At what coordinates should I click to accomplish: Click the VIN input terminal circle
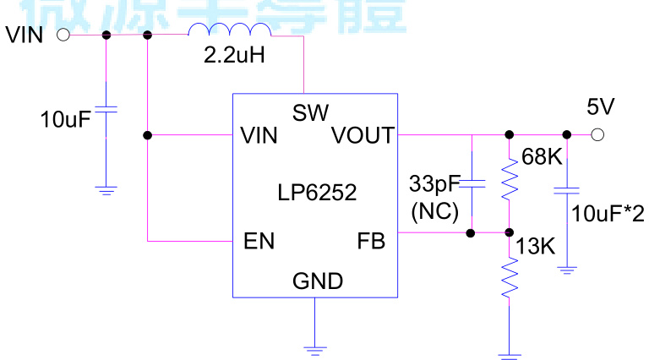pos(63,35)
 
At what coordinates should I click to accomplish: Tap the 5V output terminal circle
pos(598,134)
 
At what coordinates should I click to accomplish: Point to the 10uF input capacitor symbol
pos(106,110)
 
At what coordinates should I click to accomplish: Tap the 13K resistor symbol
pos(510,278)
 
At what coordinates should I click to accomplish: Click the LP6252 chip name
pos(317,193)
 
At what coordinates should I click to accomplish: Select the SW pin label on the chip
pos(310,112)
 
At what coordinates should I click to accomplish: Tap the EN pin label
pos(259,242)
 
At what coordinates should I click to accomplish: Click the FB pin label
pos(371,242)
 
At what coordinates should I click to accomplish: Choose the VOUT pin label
pos(363,135)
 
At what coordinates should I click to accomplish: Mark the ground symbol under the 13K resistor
pos(510,354)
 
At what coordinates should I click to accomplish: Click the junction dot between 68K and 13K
pos(510,232)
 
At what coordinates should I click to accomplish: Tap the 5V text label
pos(601,106)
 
